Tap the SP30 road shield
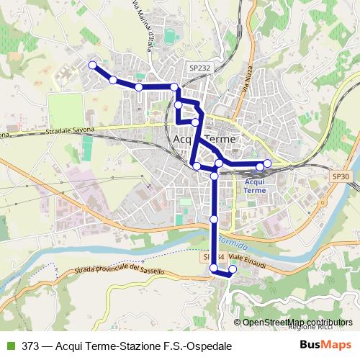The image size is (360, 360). pos(341,176)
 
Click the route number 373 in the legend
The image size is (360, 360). pos(31,346)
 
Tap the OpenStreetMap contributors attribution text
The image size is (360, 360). pos(297,323)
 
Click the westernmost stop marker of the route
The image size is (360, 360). pos(92,66)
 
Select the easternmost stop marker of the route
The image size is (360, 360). pos(267,163)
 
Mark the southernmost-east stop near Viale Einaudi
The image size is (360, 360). pos(232,270)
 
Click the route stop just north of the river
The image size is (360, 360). pos(214,219)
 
